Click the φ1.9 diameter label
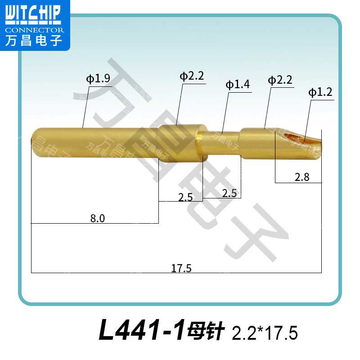[98, 79]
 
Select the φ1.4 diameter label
[238, 85]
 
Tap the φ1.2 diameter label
[320, 93]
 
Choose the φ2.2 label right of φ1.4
[280, 81]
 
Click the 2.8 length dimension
[302, 177]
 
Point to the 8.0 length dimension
[97, 218]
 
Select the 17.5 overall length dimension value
[181, 268]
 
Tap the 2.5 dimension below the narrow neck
[229, 193]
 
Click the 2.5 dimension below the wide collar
[185, 197]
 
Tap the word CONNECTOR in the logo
[34, 30]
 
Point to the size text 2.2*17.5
[265, 333]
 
